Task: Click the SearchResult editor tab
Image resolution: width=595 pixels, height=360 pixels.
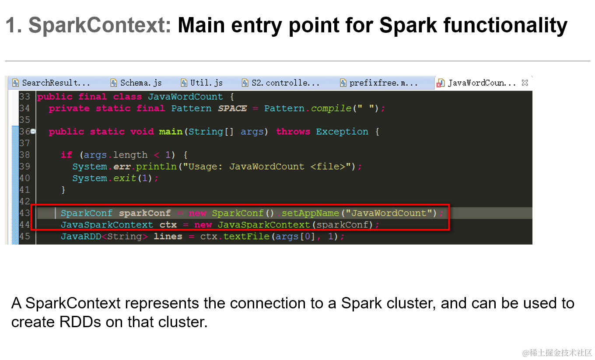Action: coord(52,83)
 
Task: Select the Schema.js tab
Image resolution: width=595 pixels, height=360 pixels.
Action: coord(136,83)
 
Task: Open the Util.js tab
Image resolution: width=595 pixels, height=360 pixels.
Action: coord(202,83)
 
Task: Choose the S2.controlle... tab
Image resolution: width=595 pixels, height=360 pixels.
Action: coord(280,83)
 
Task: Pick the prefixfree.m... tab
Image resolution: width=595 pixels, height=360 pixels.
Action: coord(379,83)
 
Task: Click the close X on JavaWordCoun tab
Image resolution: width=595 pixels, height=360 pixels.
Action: coord(525,83)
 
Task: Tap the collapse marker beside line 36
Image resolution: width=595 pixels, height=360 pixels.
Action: coord(33,131)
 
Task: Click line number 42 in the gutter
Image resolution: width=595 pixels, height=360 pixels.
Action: coord(24,202)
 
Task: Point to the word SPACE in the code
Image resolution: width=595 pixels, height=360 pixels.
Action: coord(232,108)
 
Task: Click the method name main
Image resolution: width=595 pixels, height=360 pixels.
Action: coord(171,132)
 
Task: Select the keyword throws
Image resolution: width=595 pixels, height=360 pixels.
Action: coord(293,132)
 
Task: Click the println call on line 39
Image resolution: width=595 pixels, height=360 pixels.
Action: coord(156,167)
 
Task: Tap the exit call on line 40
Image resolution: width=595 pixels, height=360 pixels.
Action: coord(125,178)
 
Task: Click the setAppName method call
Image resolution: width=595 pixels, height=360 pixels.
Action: coord(310,213)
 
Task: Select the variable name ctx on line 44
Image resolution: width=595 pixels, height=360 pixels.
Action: coord(168,225)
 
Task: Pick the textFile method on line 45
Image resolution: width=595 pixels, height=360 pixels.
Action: coord(246,237)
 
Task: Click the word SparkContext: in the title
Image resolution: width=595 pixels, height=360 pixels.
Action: coord(100,25)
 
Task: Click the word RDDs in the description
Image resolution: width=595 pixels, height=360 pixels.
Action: coord(80,322)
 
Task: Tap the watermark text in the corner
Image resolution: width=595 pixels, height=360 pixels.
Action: coord(557,353)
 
